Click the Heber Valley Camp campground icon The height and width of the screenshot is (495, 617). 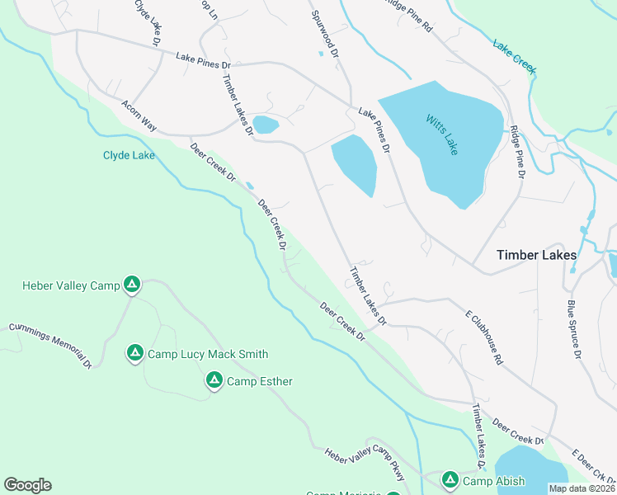pyautogui.click(x=131, y=285)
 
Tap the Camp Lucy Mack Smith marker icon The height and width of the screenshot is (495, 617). pyautogui.click(x=134, y=353)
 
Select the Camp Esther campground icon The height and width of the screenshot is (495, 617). pyautogui.click(x=214, y=380)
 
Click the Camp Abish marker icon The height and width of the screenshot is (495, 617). pyautogui.click(x=450, y=478)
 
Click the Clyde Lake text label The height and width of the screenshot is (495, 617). pyautogui.click(x=128, y=155)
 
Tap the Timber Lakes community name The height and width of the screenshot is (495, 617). pyautogui.click(x=536, y=255)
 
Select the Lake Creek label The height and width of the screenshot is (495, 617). pyautogui.click(x=514, y=54)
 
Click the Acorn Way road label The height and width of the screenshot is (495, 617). pyautogui.click(x=139, y=116)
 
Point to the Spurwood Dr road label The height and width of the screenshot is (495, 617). pyautogui.click(x=325, y=34)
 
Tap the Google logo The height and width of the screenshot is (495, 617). pyautogui.click(x=27, y=485)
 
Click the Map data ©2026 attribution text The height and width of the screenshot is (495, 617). pyautogui.click(x=582, y=488)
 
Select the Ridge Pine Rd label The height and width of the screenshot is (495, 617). pyautogui.click(x=408, y=15)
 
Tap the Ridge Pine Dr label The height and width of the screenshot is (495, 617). pyautogui.click(x=517, y=151)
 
